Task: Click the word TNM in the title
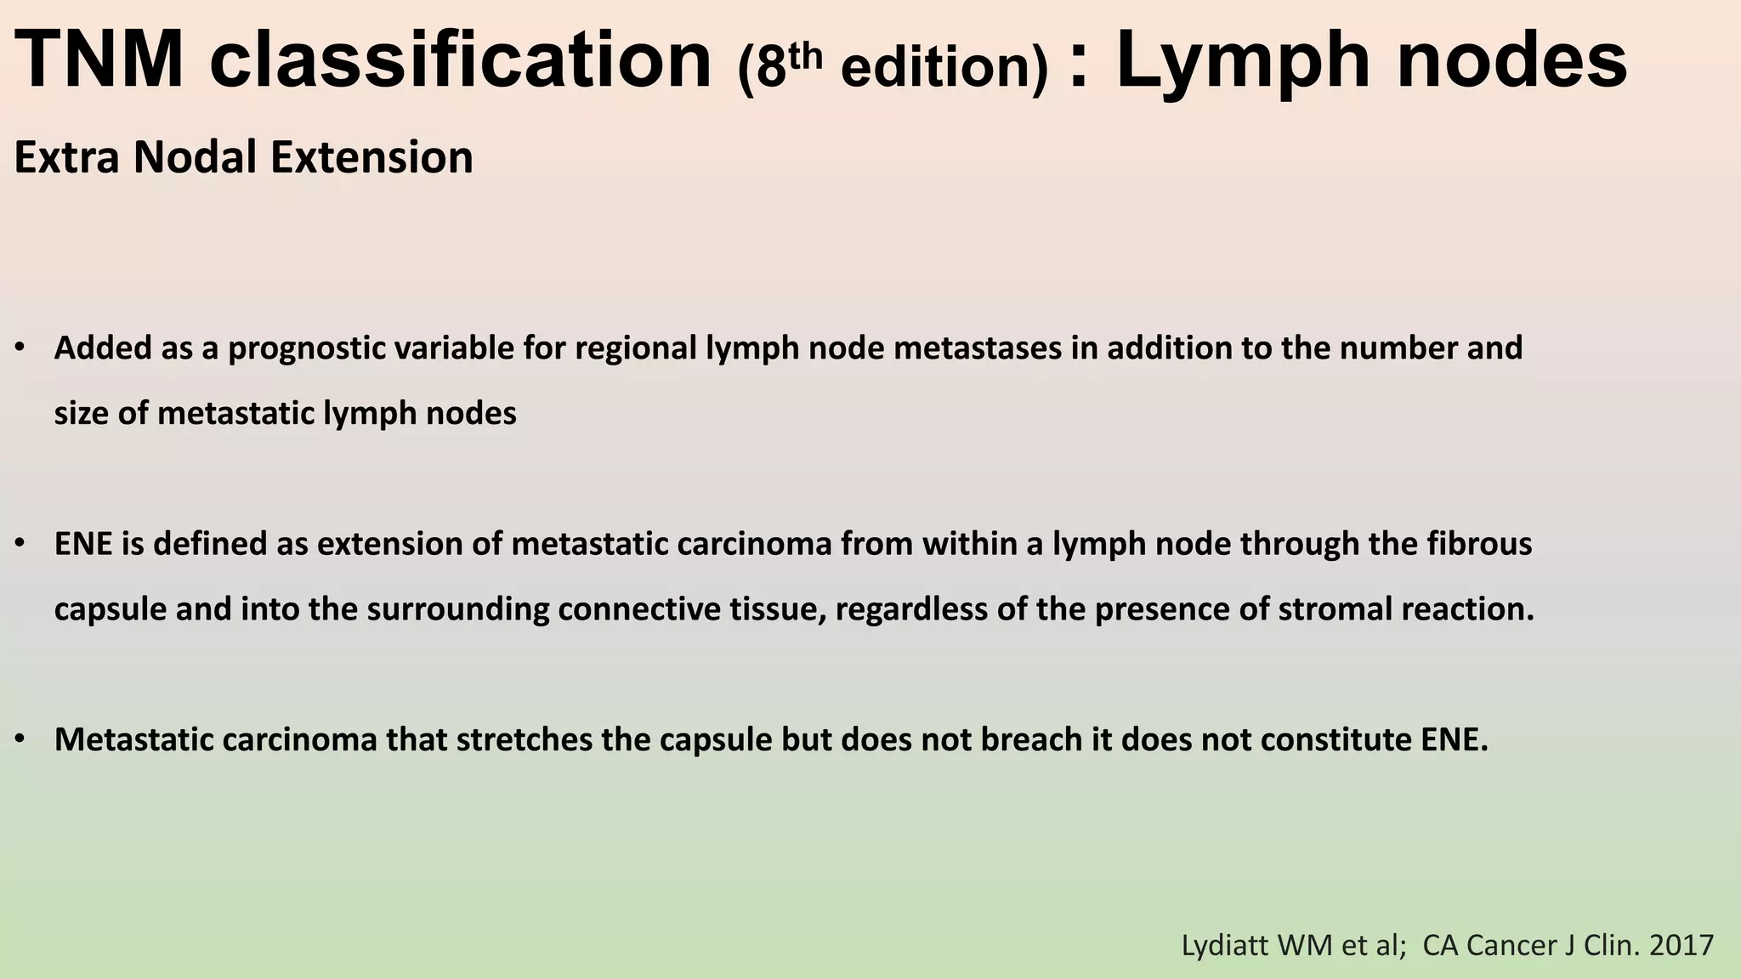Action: (99, 59)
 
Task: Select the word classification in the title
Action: (461, 59)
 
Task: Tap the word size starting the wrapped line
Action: (82, 414)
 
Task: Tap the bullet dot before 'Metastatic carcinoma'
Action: (20, 739)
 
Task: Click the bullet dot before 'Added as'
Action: (20, 348)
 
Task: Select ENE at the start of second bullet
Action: (82, 544)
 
